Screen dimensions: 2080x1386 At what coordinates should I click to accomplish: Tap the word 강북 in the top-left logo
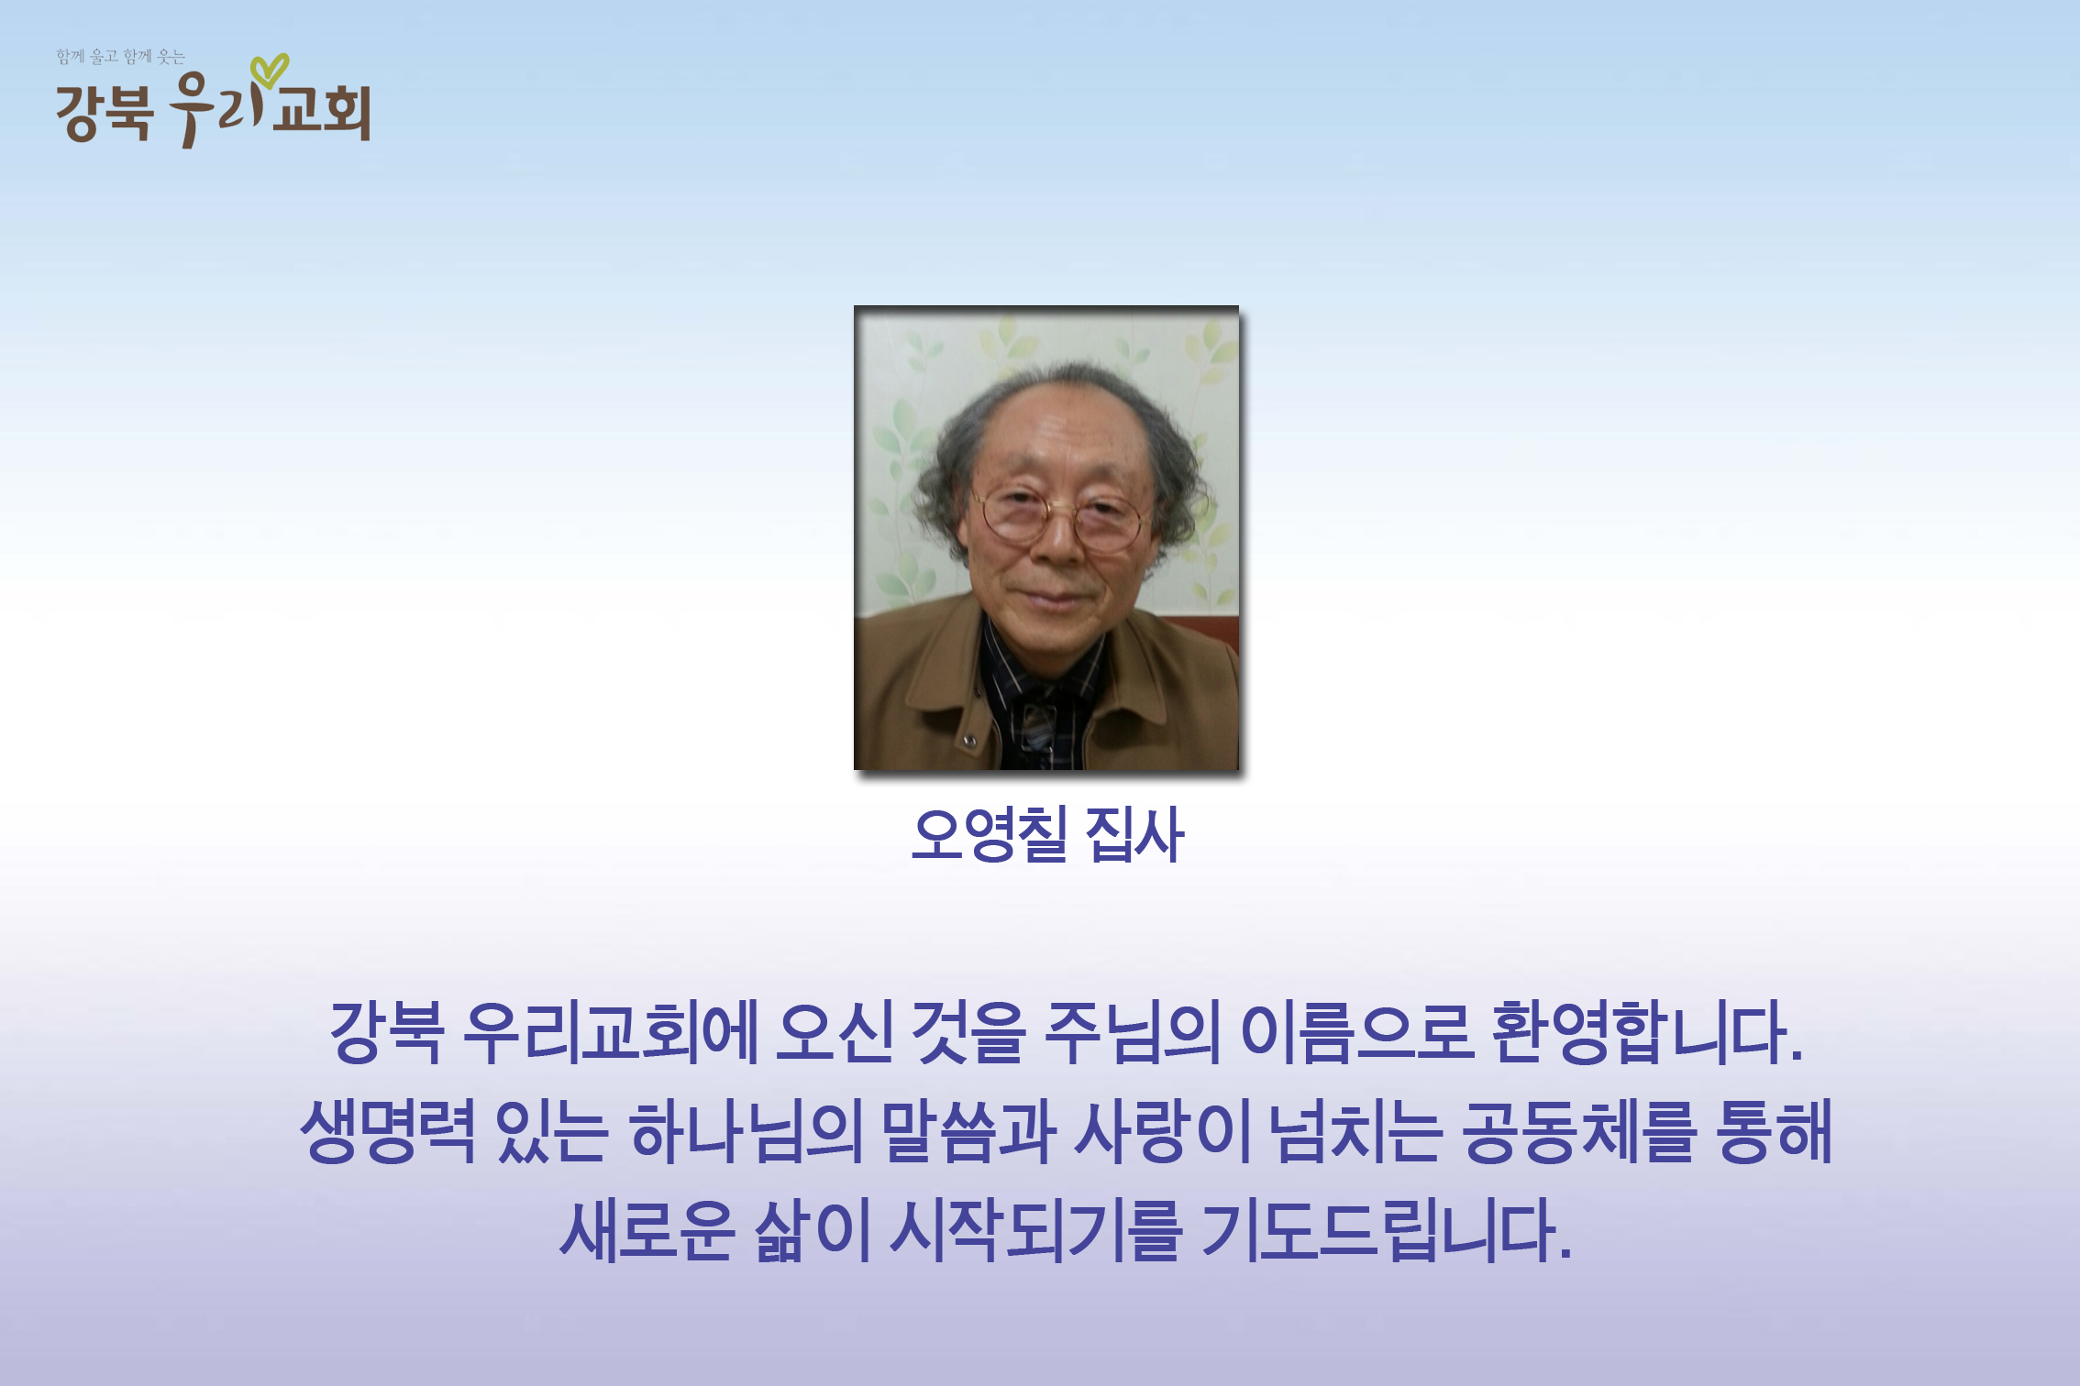tap(104, 112)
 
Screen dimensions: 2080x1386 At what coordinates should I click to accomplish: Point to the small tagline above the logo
tap(120, 57)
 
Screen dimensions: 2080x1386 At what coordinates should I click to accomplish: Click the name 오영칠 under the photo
tap(990, 834)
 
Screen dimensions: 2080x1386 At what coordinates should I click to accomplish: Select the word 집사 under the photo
tap(1134, 834)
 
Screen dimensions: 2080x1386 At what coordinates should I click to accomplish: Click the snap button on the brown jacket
tap(969, 741)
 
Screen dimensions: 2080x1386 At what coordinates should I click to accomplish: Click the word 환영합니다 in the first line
tap(1647, 1033)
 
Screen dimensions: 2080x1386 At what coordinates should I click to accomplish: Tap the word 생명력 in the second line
tap(388, 1132)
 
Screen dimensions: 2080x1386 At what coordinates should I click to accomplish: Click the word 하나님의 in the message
tap(746, 1132)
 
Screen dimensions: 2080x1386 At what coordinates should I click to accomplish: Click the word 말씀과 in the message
tap(968, 1132)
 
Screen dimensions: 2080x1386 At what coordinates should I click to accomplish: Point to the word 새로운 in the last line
tap(647, 1230)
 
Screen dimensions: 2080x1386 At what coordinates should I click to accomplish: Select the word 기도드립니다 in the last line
tap(1387, 1230)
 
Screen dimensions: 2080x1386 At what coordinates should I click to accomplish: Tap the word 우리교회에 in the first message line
tap(611, 1033)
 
